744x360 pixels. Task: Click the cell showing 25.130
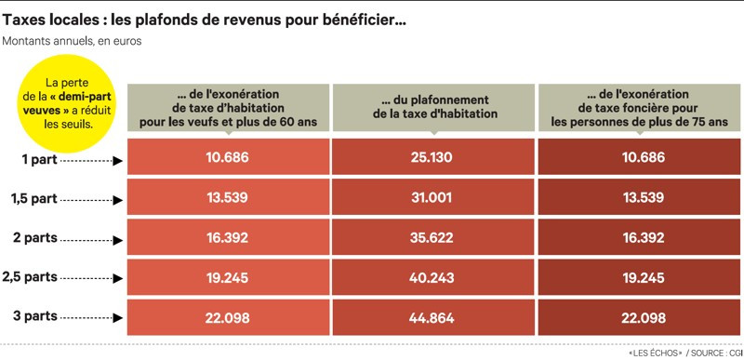(x=431, y=157)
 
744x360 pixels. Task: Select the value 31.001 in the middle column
(x=431, y=197)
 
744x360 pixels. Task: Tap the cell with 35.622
(x=431, y=238)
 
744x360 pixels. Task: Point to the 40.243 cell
(x=431, y=278)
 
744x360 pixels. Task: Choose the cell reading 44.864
(x=431, y=319)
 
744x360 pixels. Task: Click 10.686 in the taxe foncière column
(x=640, y=157)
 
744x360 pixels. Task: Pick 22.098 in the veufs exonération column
(x=228, y=319)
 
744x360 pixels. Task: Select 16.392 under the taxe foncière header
(x=640, y=238)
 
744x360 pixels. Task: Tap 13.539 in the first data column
(x=228, y=197)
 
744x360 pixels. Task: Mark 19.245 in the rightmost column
(x=640, y=278)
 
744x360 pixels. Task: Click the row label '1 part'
(x=39, y=159)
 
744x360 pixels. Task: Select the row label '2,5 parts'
(x=30, y=278)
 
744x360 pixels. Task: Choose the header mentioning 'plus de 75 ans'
(x=640, y=106)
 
